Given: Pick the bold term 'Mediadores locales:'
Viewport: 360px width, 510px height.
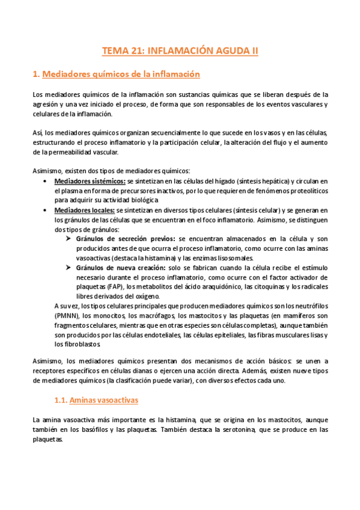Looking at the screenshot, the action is pos(84,210).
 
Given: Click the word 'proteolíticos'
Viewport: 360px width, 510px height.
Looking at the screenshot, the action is pos(307,191).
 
